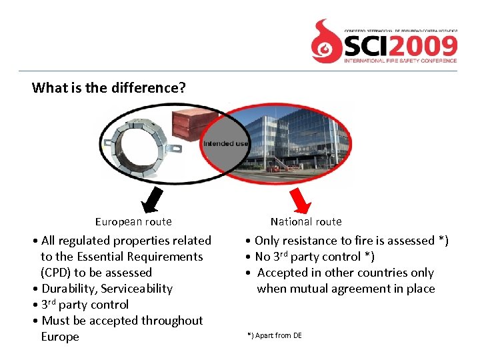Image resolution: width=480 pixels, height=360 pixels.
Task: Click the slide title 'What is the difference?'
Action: [109, 87]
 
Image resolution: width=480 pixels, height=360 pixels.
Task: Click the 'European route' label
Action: [133, 222]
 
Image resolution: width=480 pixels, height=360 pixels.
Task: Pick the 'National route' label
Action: [306, 221]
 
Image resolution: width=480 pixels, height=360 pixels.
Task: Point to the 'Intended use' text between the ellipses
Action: [226, 143]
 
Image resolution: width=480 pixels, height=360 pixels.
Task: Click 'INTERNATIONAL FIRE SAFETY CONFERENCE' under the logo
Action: [400, 61]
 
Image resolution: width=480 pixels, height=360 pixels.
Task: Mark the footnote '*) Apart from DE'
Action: [274, 335]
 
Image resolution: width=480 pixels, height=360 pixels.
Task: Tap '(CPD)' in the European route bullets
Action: [55, 273]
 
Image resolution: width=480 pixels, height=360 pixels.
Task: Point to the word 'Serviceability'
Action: [136, 289]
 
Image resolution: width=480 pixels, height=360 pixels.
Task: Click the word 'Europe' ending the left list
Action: [59, 337]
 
